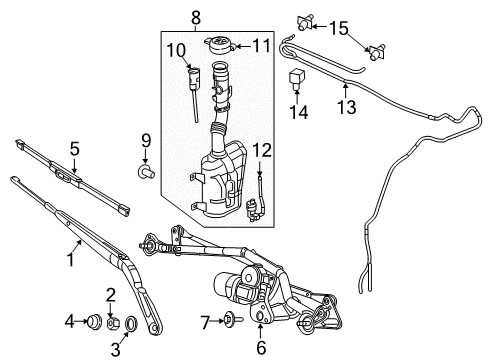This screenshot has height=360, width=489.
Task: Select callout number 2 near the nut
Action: (x=111, y=294)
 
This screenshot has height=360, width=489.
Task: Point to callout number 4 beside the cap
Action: (x=70, y=321)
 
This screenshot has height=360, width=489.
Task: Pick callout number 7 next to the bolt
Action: (x=202, y=321)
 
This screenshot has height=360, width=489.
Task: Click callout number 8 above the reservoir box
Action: (x=196, y=16)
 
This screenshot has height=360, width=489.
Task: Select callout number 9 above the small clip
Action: (x=144, y=139)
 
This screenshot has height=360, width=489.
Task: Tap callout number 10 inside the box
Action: (x=176, y=49)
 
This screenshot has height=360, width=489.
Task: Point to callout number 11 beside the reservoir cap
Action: (x=261, y=45)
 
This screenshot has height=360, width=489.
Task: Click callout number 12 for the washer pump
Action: (x=261, y=150)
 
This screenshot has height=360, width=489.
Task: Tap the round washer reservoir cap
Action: (x=218, y=46)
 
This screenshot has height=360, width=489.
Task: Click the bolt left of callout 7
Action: (x=230, y=321)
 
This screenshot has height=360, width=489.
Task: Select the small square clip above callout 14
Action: (x=295, y=76)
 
